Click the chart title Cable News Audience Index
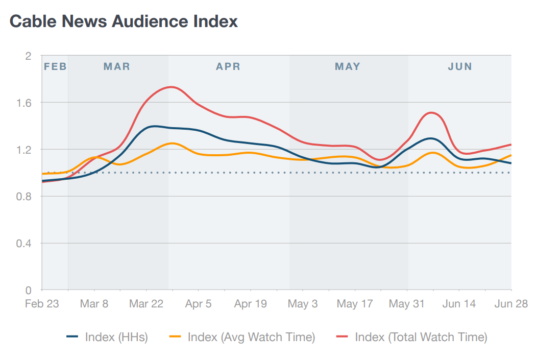point(124,21)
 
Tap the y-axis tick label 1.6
point(25,103)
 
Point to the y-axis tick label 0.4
point(25,244)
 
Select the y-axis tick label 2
point(29,56)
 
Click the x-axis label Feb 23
point(42,304)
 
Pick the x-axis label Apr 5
point(198,304)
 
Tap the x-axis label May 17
point(355,304)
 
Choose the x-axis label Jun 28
point(510,304)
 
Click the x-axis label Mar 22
point(146,304)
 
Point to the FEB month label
point(55,67)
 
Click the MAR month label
point(117,67)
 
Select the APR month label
point(228,67)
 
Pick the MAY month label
point(348,67)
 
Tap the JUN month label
point(460,67)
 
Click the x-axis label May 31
point(407,304)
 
